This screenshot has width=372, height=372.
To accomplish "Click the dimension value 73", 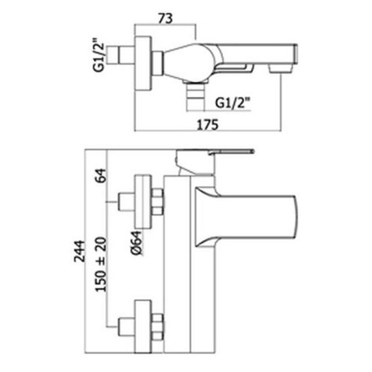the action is click(166, 18).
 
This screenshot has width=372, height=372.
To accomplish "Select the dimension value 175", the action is click(207, 125).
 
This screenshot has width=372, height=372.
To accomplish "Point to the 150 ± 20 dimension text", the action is click(101, 264).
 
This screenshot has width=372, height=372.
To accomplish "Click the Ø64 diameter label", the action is click(137, 243).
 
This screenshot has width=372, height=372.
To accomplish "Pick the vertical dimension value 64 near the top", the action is click(101, 175).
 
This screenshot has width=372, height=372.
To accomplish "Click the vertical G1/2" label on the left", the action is click(99, 57).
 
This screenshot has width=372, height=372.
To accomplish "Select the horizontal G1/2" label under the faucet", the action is click(233, 103).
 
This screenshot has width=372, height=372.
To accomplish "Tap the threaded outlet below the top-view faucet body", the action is click(195, 95).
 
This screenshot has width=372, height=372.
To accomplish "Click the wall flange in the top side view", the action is click(143, 64).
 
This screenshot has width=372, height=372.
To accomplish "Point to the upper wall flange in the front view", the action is click(143, 202).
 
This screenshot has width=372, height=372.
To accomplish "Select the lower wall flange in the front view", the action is click(143, 327).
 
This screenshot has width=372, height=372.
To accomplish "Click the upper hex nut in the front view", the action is click(158, 202).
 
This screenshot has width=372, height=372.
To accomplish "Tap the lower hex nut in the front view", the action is click(158, 327).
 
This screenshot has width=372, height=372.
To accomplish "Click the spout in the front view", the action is click(246, 217).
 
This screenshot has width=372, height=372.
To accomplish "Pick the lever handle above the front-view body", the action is click(215, 162).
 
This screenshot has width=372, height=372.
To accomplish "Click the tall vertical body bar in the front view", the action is click(177, 264).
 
